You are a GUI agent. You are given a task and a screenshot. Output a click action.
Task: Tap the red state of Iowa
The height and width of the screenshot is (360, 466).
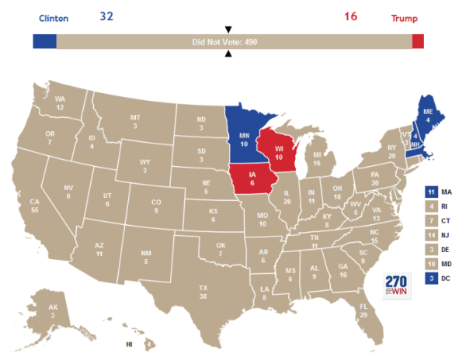coord(252,181)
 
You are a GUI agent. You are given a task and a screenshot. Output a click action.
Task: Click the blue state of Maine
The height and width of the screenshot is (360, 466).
coord(427,115)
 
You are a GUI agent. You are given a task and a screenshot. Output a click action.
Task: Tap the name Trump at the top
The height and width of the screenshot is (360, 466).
coord(404,17)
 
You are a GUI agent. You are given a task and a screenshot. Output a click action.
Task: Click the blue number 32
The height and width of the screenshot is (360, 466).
coord(107,16)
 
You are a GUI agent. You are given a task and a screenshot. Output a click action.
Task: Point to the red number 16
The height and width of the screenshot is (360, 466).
coord(350,16)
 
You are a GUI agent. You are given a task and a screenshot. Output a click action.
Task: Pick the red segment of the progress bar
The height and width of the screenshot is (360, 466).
coord(418,42)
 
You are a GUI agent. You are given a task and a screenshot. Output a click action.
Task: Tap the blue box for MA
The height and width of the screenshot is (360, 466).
coord(431,192)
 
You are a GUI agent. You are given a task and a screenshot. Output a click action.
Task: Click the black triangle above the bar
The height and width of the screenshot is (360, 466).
coord(228,29)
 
